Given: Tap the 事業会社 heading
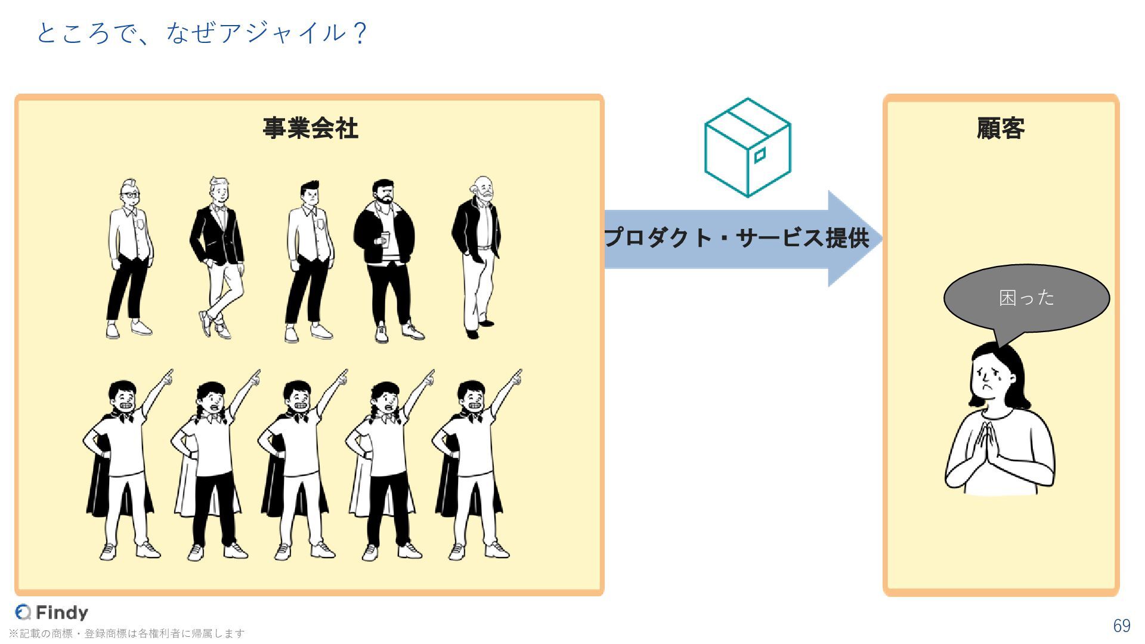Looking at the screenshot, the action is point(310,128).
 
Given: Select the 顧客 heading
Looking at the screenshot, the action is point(1001,128).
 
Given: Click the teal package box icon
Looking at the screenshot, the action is point(747,148).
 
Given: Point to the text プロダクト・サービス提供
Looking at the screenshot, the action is point(737,238).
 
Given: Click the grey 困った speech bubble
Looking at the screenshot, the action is point(1026,298).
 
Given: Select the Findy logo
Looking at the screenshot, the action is point(52,612).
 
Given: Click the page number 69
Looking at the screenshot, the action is point(1121,626).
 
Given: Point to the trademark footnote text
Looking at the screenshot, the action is point(126,633).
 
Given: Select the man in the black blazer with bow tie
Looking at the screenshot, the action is point(217,256).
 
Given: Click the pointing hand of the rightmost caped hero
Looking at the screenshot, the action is point(516,376).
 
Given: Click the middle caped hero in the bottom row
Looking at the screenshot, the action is point(298,465).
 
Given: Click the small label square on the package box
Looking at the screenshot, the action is point(759,156).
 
